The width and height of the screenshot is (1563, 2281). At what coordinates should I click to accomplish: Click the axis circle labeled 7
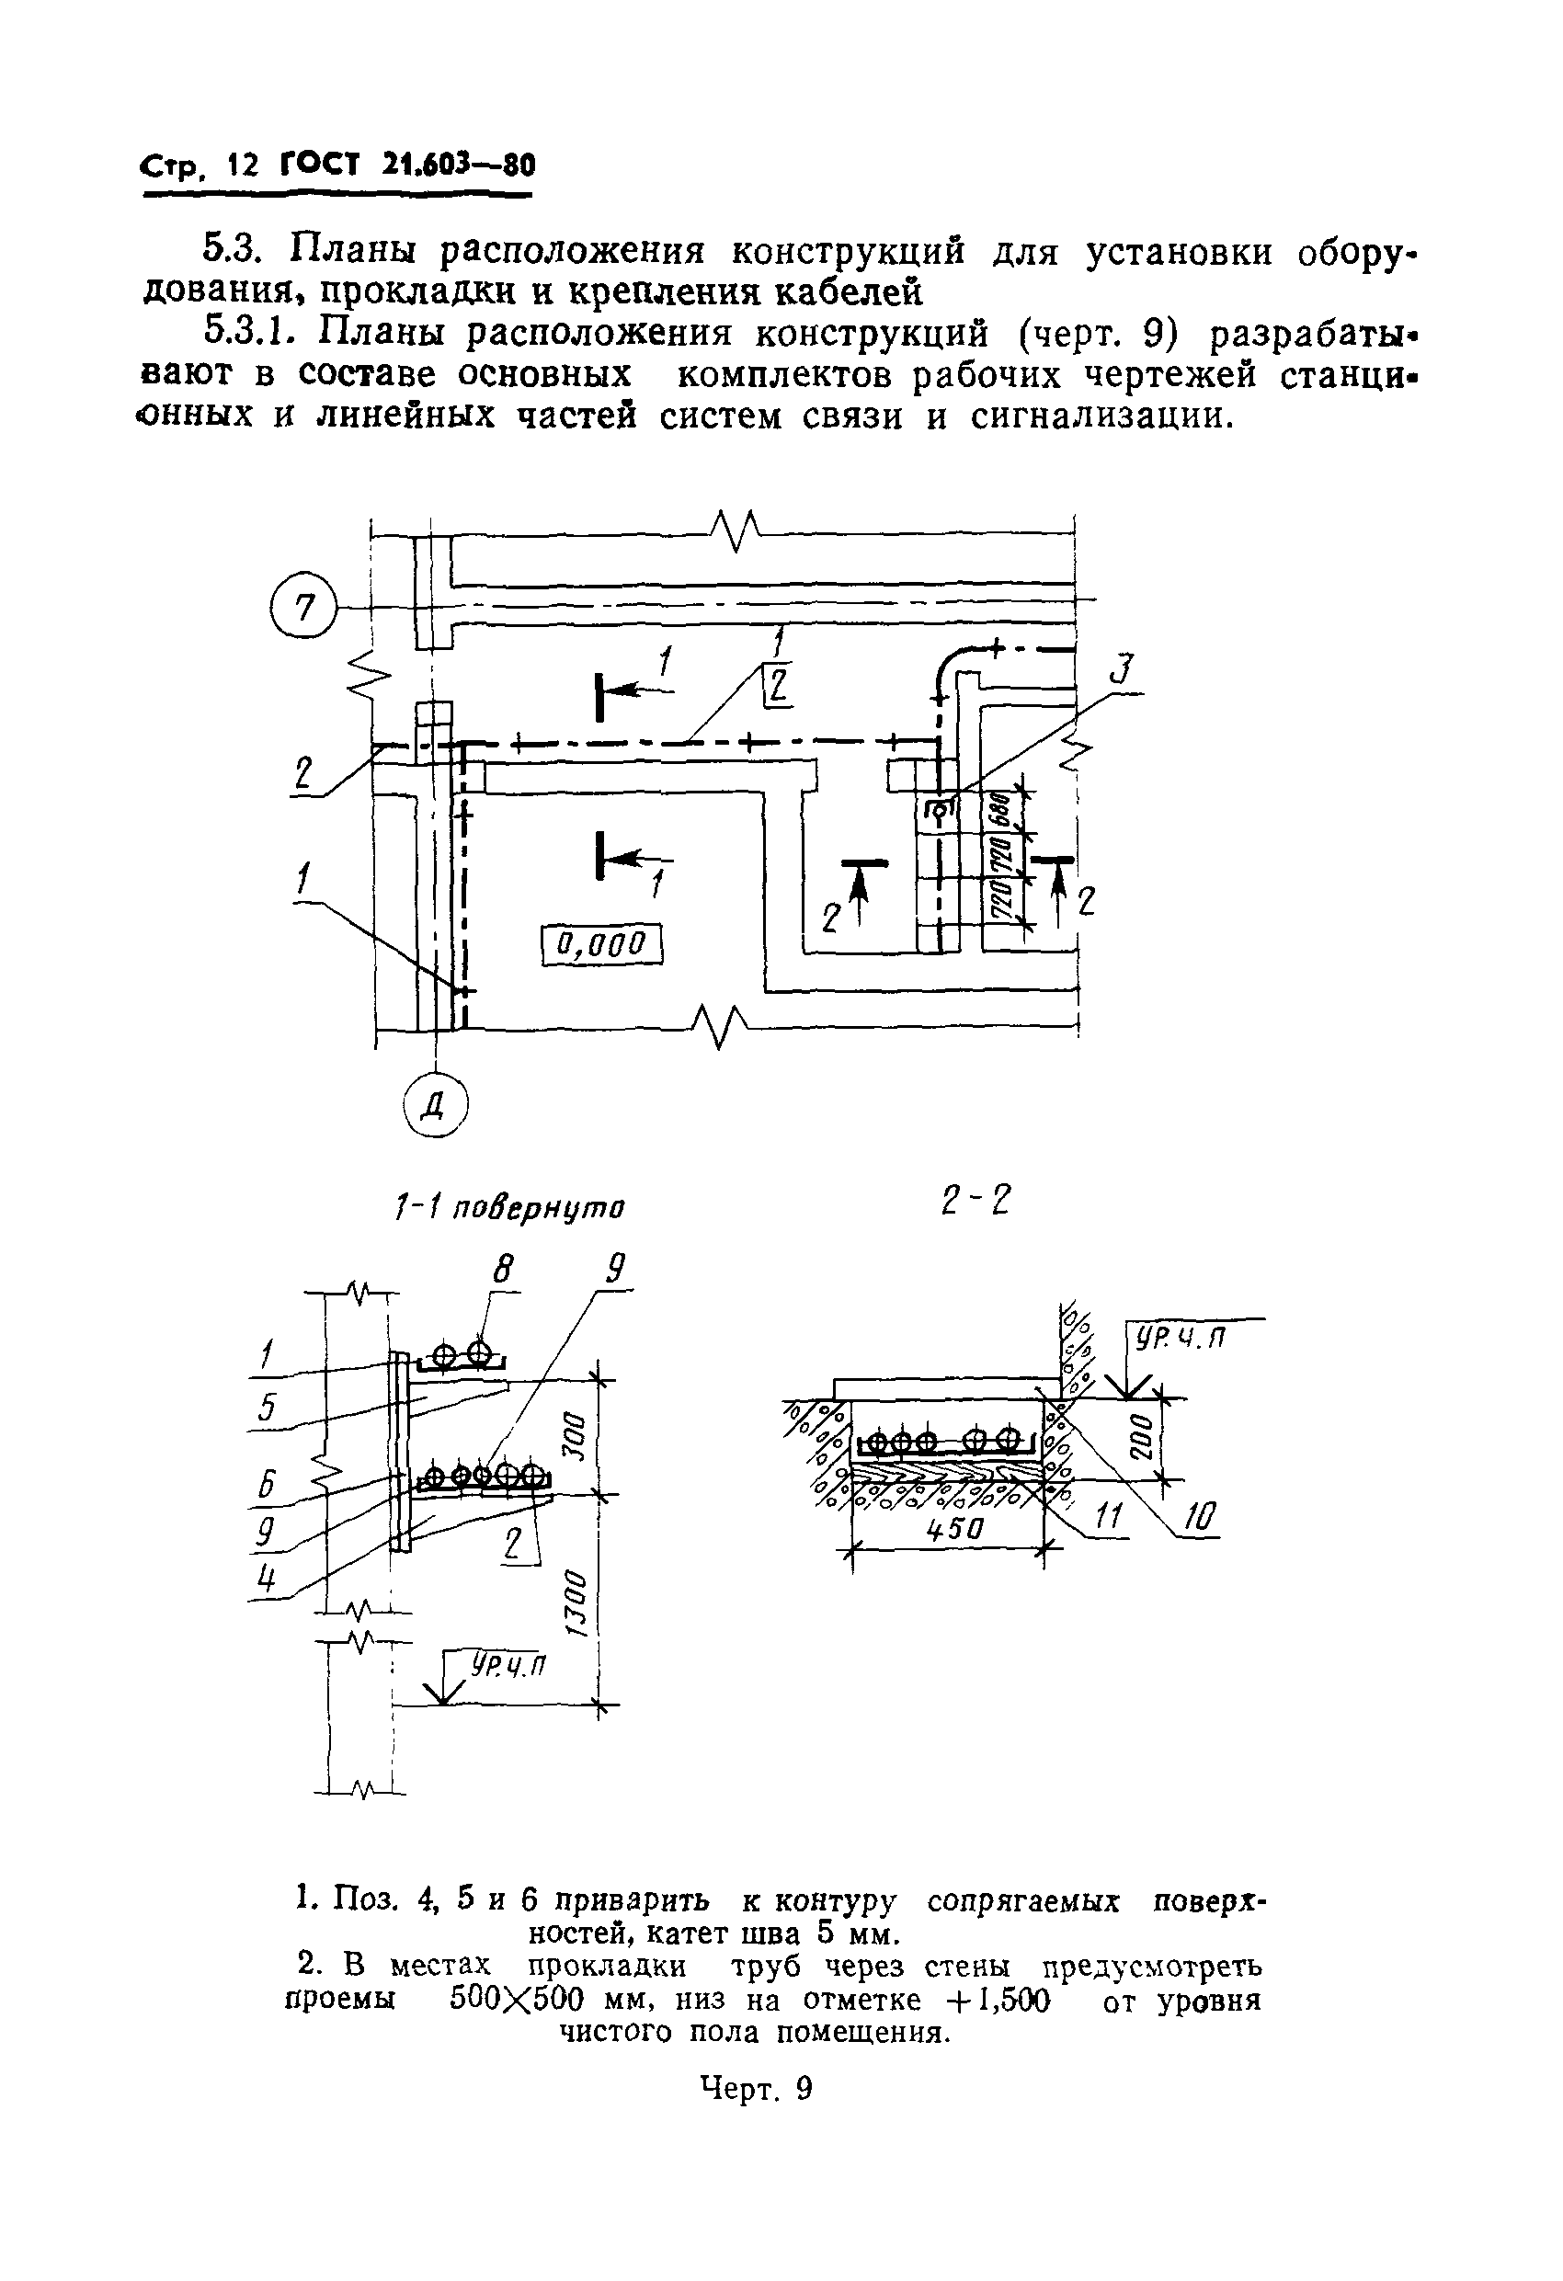coord(303,610)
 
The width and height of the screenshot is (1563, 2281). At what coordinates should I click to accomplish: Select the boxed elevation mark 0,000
coord(602,945)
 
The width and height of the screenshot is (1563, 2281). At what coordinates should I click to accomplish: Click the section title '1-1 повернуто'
coord(508,1206)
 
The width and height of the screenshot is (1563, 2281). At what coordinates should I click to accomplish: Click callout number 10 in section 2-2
coord(1199,1519)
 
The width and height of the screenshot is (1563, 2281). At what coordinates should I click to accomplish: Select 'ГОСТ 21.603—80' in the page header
coord(407,165)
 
